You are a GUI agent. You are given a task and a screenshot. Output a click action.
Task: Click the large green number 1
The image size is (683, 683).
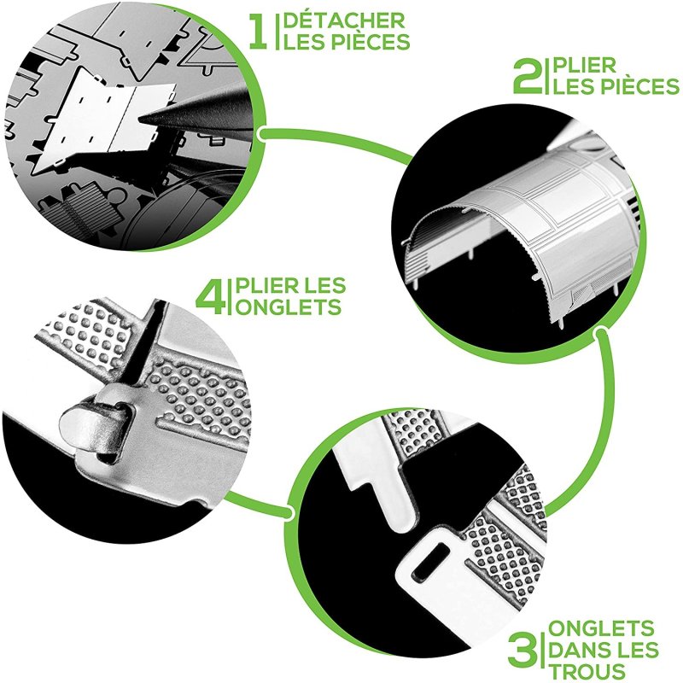[x=258, y=32]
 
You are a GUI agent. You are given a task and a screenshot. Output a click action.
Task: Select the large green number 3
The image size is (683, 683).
[x=523, y=651]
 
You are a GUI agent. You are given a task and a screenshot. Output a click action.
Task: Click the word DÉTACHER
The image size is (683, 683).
[x=344, y=20]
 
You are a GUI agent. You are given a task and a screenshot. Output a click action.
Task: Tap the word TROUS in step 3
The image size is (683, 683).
[x=587, y=672]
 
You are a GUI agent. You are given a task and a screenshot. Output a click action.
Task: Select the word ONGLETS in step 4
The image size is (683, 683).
[x=289, y=307]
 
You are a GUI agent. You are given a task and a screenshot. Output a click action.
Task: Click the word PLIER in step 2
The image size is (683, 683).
[x=584, y=66]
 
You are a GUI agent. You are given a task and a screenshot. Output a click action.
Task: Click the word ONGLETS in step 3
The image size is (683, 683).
[x=601, y=628]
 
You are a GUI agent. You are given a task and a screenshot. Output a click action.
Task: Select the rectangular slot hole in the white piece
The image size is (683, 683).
[x=431, y=562]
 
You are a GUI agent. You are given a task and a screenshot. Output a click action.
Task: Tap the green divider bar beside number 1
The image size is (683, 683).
[x=277, y=32]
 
